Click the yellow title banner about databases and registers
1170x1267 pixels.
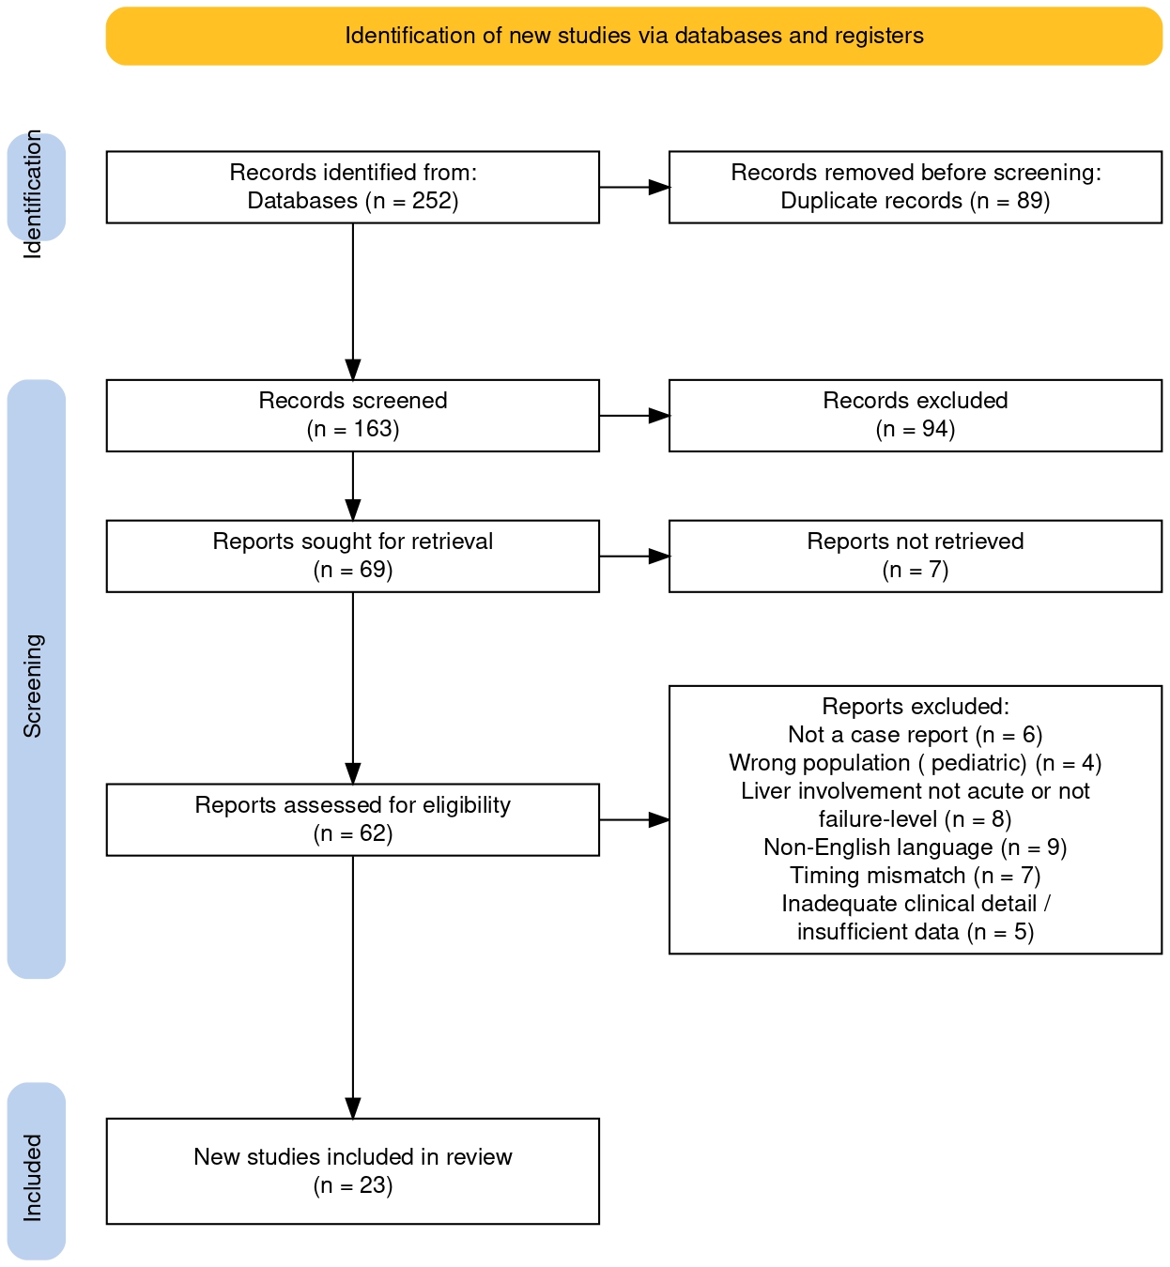(x=633, y=36)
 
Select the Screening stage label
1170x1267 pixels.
(x=33, y=686)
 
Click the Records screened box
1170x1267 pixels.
(x=352, y=416)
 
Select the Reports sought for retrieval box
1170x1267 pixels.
(x=352, y=556)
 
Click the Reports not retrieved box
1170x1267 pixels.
(x=916, y=556)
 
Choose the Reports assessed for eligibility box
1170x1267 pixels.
(x=352, y=819)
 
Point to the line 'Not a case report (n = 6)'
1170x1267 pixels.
(x=916, y=734)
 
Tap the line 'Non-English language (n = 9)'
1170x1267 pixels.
(x=916, y=847)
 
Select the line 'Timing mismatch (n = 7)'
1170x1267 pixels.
(x=916, y=876)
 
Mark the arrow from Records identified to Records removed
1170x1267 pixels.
(x=635, y=187)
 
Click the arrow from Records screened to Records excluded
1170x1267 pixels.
(x=635, y=416)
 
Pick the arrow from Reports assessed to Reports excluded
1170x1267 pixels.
(x=635, y=819)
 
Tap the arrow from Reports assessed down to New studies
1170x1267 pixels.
(x=352, y=987)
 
